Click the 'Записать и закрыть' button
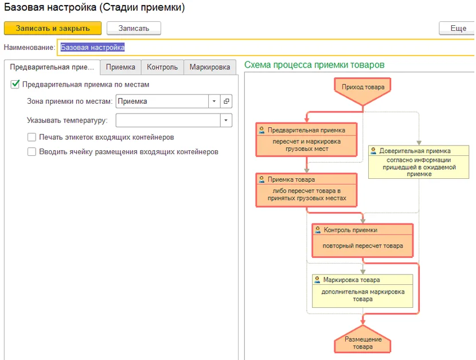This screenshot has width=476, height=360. (53, 28)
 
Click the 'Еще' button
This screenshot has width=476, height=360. (457, 28)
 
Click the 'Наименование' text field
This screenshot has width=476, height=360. (266, 48)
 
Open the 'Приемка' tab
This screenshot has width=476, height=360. (120, 67)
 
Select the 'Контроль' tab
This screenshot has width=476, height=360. (162, 67)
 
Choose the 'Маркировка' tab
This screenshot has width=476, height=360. (210, 67)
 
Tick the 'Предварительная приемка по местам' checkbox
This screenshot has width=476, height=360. (15, 84)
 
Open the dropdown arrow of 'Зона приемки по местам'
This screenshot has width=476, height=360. (214, 101)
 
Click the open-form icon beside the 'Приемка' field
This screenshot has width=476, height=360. (226, 101)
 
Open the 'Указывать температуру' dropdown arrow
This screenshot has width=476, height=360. (226, 120)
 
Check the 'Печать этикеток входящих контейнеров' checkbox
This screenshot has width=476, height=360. (32, 137)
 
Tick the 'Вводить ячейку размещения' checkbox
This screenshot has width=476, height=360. (32, 151)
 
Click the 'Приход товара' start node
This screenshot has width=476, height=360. (362, 89)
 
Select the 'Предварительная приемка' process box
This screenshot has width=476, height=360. (306, 139)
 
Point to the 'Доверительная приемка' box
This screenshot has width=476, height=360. (419, 162)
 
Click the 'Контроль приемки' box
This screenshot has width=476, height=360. (362, 240)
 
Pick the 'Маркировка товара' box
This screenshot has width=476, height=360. (362, 291)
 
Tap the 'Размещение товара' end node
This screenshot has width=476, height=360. (362, 341)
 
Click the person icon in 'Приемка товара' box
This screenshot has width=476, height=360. (262, 179)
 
